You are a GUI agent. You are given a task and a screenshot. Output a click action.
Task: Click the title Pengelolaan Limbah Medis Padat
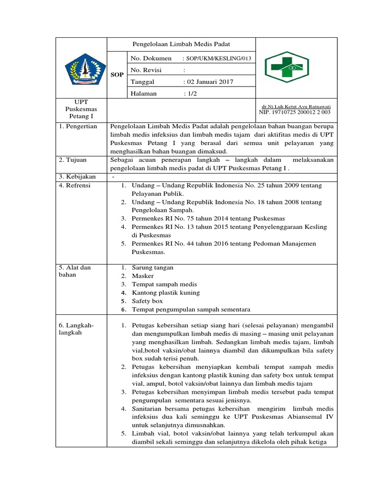(181, 44)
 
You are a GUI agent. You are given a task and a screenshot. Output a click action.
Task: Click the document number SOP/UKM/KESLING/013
(216, 58)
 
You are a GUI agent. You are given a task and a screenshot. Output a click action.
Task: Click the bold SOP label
(116, 75)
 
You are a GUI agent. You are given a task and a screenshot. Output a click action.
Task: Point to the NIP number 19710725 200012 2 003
(295, 112)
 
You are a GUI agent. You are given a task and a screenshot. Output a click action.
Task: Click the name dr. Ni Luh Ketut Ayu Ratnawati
(296, 106)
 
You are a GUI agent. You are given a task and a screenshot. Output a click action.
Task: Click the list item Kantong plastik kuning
(166, 292)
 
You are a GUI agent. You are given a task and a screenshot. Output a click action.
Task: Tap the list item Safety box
(147, 301)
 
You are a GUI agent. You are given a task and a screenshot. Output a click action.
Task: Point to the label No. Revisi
(147, 70)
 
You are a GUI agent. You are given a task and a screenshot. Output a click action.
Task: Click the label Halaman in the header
(144, 94)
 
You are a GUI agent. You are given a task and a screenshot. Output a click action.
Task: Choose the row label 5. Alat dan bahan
(74, 271)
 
